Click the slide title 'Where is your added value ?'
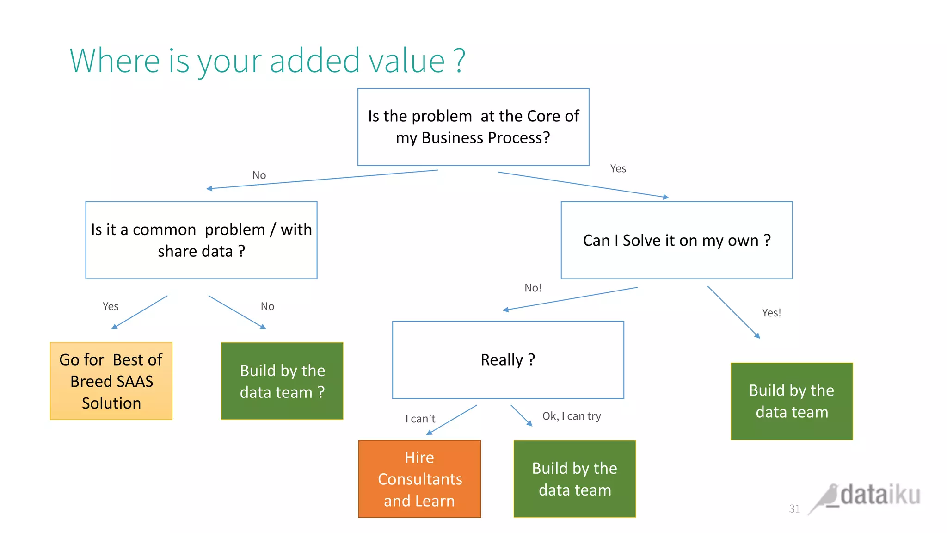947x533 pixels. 267,61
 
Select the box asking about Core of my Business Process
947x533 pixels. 473,127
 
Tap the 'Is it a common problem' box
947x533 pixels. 201,240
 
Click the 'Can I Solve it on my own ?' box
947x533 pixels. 676,240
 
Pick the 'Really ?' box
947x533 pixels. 508,360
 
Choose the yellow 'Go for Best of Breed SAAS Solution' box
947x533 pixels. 111,381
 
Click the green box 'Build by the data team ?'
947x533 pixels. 282,381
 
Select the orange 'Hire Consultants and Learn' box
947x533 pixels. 419,479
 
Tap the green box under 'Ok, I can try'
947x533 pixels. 574,479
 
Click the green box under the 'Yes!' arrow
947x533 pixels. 791,401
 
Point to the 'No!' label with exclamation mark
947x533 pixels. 533,288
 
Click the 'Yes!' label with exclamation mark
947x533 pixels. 771,313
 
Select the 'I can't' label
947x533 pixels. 420,419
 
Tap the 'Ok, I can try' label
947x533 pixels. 572,416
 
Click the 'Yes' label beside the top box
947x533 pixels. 618,169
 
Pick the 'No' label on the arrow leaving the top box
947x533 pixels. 259,175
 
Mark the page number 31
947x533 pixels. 794,509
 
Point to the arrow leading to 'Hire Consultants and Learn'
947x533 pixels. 451,420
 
